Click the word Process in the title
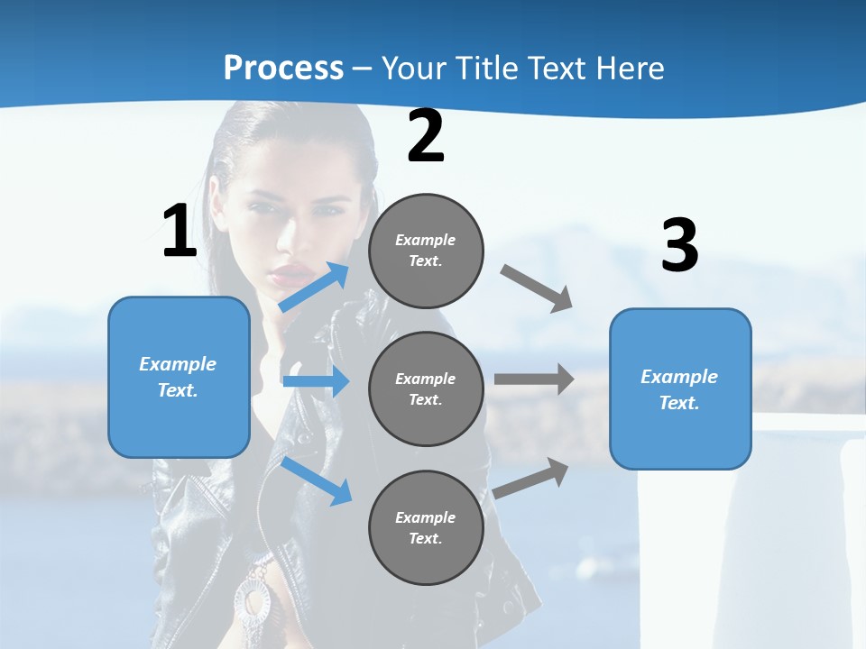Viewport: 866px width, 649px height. click(x=283, y=68)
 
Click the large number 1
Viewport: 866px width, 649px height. click(x=179, y=232)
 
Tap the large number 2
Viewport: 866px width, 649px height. click(x=425, y=137)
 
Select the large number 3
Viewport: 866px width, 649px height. click(x=679, y=246)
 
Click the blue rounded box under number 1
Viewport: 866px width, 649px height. click(x=179, y=377)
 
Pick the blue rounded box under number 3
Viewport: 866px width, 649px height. click(x=680, y=389)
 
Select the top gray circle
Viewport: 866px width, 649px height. click(x=426, y=251)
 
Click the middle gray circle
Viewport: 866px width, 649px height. click(x=426, y=388)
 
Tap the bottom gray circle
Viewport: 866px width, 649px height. click(x=426, y=527)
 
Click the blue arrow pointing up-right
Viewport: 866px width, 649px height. click(x=314, y=288)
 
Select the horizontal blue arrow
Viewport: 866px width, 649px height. click(x=316, y=381)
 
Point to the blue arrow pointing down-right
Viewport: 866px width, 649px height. click(x=316, y=480)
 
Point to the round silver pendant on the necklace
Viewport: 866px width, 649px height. click(x=253, y=599)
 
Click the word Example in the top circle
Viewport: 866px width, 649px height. click(x=425, y=240)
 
